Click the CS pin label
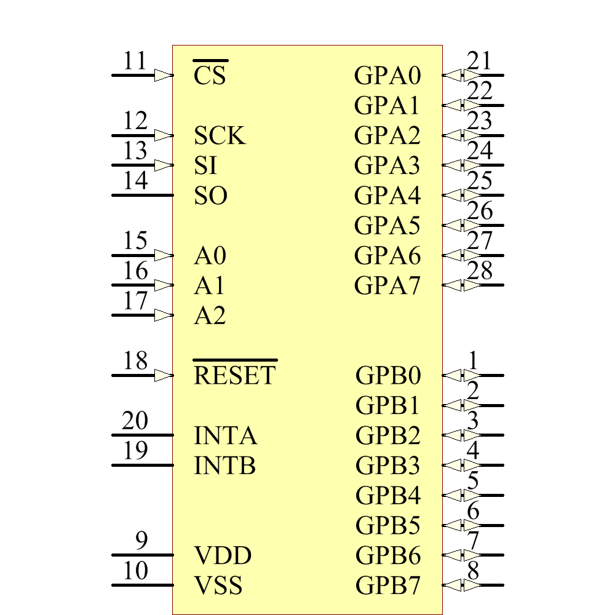210,76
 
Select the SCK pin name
220,136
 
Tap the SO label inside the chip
211,196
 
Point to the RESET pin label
235,375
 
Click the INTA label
225,436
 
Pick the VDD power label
223,556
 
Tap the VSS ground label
218,585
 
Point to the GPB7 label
388,585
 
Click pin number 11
135,61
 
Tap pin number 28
480,271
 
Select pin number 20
135,422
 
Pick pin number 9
141,541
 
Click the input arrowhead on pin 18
164,375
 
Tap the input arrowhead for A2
164,315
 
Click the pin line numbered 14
141,196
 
